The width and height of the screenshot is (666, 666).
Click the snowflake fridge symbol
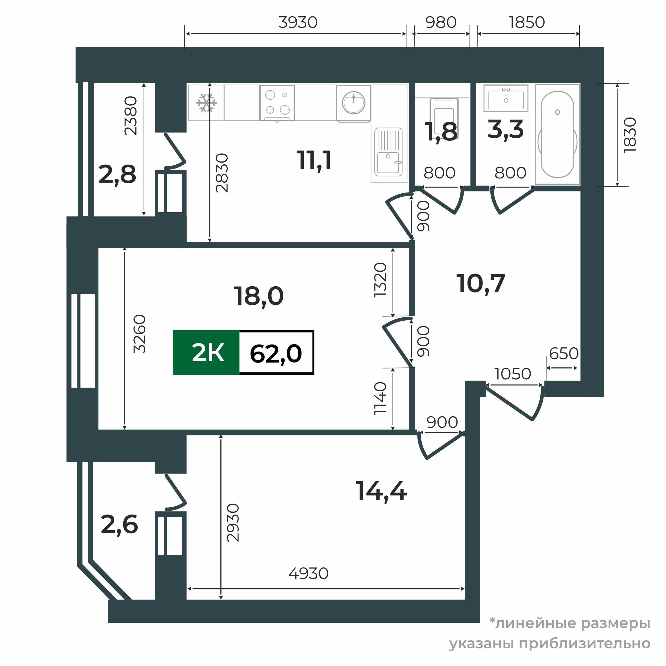pos(207,103)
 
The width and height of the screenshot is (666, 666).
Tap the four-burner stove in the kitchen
pos(277,103)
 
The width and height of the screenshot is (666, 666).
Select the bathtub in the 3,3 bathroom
pos(557,135)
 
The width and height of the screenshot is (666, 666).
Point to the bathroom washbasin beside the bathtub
pos(506,98)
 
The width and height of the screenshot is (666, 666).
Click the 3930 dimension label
pos(298,23)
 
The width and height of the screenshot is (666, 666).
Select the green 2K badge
pos(206,352)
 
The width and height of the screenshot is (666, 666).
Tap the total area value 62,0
pos(276,353)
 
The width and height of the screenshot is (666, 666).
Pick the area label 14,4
pos(381,491)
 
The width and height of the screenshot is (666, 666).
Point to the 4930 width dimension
pos(309,574)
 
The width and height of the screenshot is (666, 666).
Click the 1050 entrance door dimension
pos(513,374)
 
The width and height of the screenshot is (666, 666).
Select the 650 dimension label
pos(564,353)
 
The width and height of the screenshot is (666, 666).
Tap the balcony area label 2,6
pos(119,525)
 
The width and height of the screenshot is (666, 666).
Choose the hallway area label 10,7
pos(481,283)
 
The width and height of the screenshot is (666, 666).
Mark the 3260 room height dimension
pos(140,334)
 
